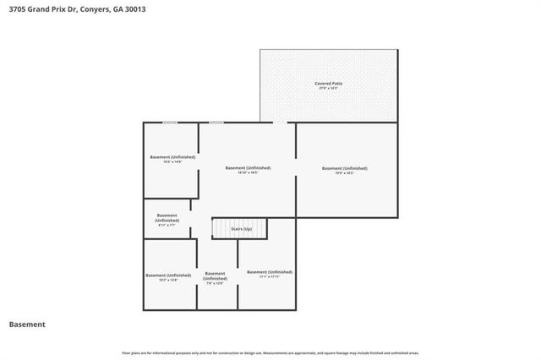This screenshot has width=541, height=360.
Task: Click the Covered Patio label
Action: click(329, 84)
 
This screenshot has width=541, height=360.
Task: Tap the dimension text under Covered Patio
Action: click(329, 89)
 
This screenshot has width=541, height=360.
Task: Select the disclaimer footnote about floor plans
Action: click(270, 352)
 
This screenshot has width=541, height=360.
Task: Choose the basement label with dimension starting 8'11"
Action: click(167, 218)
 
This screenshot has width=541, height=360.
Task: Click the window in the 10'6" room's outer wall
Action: click(170, 123)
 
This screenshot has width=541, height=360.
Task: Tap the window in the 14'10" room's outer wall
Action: click(216, 123)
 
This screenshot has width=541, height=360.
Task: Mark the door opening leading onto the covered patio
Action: click(279, 123)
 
